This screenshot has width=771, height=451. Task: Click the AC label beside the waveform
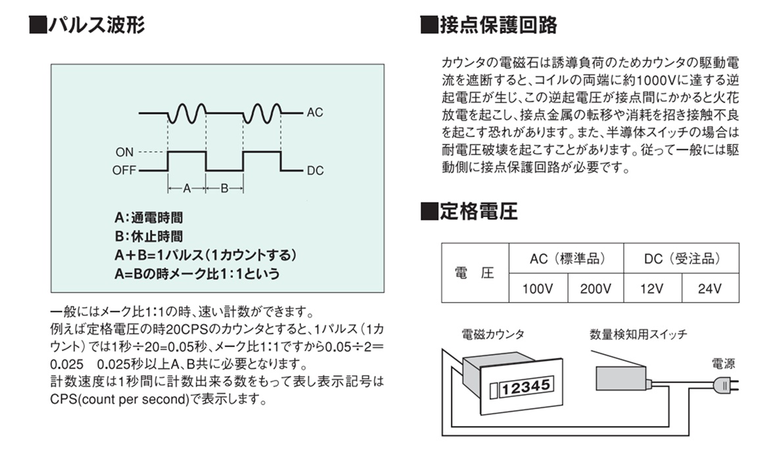315,112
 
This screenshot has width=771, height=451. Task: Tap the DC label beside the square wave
315,171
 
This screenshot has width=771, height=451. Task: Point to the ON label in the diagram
124,152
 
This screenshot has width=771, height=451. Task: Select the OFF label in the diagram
124,171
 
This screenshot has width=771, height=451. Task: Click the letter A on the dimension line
187,188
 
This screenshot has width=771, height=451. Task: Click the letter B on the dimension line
224,188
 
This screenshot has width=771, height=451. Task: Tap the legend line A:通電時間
149,218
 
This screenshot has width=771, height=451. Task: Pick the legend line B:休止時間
149,236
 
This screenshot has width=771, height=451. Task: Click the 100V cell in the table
538,288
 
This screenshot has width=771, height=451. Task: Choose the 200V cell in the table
596,288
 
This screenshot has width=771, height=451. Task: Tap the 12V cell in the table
652,288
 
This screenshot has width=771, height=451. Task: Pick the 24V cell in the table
710,288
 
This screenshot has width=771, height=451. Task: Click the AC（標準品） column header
567,259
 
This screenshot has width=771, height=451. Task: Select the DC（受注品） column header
682,259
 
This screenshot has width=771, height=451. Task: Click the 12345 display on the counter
525,387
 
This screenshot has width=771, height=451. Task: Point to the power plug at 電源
726,385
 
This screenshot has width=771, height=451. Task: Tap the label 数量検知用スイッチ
638,335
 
